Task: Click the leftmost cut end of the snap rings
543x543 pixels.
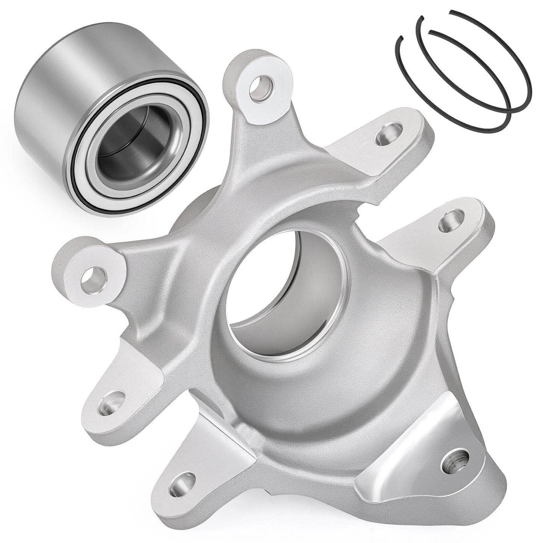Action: pos(401,38)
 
